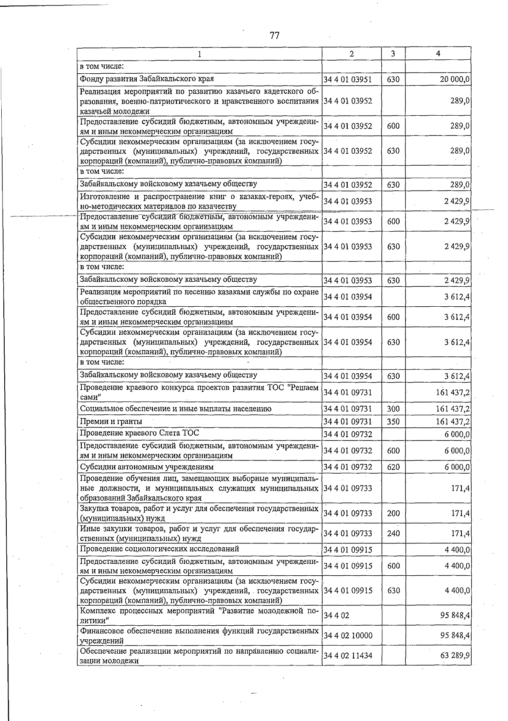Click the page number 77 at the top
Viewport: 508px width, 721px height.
coord(274,35)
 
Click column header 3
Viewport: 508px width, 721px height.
coord(393,54)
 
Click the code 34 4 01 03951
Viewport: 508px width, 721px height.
coord(348,79)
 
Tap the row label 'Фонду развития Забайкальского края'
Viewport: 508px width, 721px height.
coord(147,79)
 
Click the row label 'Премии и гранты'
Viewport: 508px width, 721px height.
coord(111,422)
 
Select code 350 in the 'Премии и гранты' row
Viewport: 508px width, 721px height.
coord(393,422)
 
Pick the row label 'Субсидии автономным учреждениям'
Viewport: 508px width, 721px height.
coord(147,467)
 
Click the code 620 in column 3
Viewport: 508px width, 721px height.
coord(393,467)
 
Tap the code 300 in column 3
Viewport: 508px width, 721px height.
coord(393,409)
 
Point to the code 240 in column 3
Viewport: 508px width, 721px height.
coord(393,533)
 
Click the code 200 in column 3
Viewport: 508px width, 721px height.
coord(393,513)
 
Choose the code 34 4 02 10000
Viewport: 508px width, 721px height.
coord(348,635)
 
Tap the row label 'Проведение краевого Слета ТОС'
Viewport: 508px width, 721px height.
coord(139,433)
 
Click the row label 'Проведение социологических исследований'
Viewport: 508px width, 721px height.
coord(160,549)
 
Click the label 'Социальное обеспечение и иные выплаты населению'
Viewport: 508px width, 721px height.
coord(176,409)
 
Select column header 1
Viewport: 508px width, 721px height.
coord(199,54)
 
